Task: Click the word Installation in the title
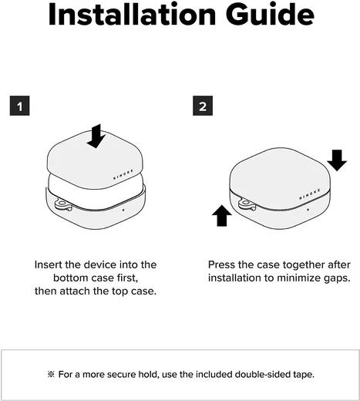tap(132, 14)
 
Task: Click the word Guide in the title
tap(270, 14)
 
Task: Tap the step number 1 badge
tap(20, 106)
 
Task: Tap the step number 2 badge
tap(203, 106)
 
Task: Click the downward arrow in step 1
tap(96, 136)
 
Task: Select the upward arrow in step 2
tap(222, 215)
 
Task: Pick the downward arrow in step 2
tap(337, 160)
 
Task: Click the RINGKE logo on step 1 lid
tap(123, 174)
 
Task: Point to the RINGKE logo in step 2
tap(310, 194)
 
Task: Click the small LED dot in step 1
tap(123, 210)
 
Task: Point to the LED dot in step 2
tap(308, 210)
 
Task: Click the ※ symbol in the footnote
tap(51, 374)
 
